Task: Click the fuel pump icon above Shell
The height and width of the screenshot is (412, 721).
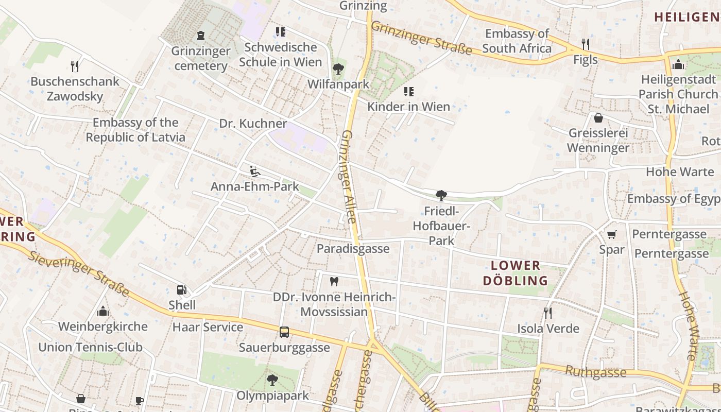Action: tap(181, 290)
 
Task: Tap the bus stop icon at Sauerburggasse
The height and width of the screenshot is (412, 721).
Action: tap(284, 332)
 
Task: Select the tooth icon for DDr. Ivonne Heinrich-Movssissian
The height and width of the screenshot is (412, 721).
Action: tap(334, 282)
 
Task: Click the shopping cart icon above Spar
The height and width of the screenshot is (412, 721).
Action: tap(612, 235)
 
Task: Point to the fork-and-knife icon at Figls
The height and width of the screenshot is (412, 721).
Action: tap(586, 44)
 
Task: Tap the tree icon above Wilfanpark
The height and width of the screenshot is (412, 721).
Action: tap(338, 68)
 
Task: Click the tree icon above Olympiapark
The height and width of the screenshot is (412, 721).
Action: tap(272, 381)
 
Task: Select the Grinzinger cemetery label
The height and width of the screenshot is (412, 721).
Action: tap(201, 58)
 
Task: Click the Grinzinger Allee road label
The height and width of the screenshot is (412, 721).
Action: tap(349, 176)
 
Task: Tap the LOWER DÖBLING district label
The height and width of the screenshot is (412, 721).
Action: tap(516, 273)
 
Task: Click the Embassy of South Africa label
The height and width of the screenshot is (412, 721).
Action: tap(517, 41)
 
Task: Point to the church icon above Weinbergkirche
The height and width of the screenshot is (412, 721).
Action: tap(103, 311)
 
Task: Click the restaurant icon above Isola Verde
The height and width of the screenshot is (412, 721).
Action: tap(548, 313)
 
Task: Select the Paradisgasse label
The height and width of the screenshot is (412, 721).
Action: tap(353, 249)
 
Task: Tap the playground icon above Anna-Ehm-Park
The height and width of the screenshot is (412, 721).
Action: tap(254, 171)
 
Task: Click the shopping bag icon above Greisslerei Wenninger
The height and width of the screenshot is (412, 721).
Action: tap(598, 118)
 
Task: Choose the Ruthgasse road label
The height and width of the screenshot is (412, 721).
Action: tap(595, 371)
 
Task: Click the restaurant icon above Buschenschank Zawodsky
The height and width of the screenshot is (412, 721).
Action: tap(75, 66)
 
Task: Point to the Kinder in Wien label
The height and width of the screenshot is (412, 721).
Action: tap(408, 107)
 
